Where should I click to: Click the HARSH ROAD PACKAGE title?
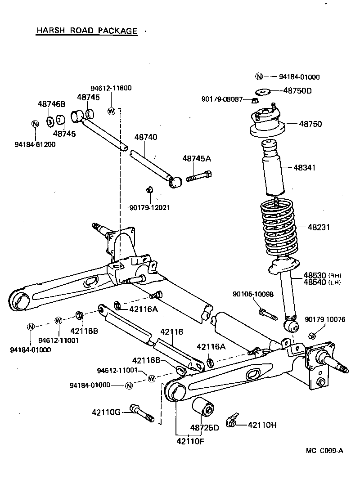click(86, 31)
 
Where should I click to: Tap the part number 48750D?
click(297, 90)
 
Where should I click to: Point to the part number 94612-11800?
click(111, 88)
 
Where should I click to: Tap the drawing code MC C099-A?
click(324, 450)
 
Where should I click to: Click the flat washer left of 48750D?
click(263, 91)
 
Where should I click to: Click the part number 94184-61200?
click(35, 144)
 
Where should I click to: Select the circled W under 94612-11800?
click(112, 111)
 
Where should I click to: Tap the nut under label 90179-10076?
click(312, 335)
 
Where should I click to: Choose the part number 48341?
click(304, 167)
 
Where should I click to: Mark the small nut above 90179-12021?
click(150, 189)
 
